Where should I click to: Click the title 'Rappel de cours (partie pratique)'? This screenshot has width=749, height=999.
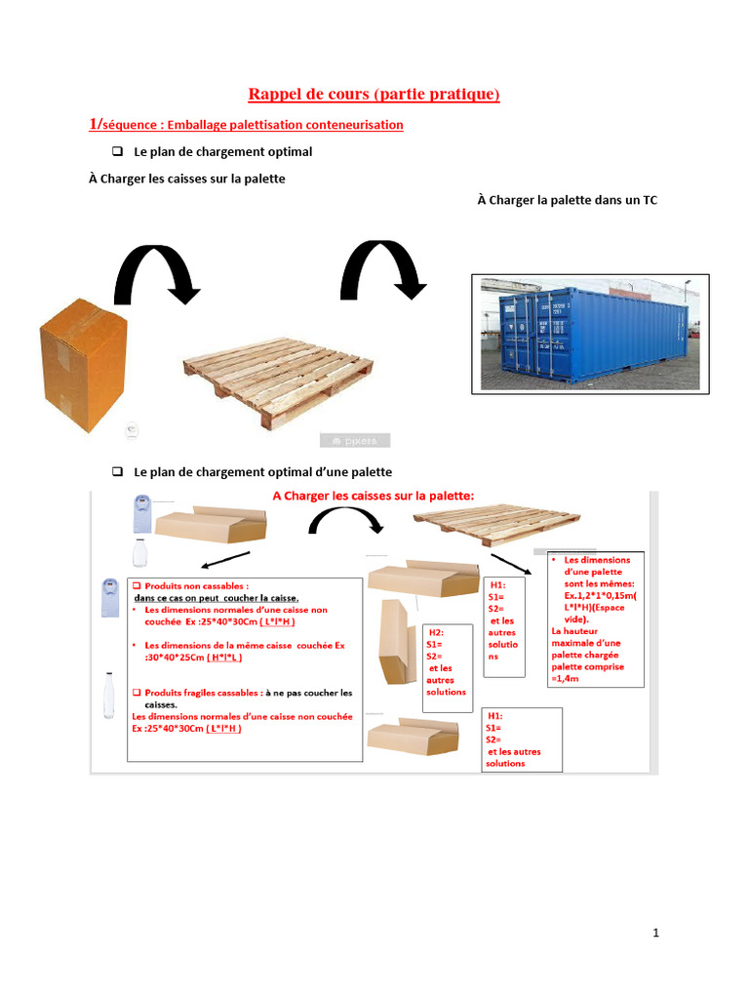click(x=374, y=94)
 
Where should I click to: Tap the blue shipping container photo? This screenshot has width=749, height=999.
click(x=590, y=334)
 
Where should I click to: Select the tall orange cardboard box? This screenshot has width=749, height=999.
click(x=83, y=366)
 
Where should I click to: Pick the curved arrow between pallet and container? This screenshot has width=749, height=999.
click(x=381, y=269)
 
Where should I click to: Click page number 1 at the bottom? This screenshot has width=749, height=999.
click(x=656, y=933)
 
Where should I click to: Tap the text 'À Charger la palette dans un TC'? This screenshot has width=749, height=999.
click(x=567, y=200)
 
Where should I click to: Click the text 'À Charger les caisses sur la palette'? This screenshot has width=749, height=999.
click(x=186, y=180)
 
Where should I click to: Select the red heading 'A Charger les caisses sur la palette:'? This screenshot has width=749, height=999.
click(x=374, y=496)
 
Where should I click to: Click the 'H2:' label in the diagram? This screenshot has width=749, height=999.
click(x=437, y=632)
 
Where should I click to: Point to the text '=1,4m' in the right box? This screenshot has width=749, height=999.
click(x=567, y=678)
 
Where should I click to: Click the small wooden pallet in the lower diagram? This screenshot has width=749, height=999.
click(x=496, y=524)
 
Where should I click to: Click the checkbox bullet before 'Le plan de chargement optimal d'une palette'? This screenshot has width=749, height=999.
click(x=117, y=471)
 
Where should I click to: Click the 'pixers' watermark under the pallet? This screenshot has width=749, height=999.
click(x=355, y=440)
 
